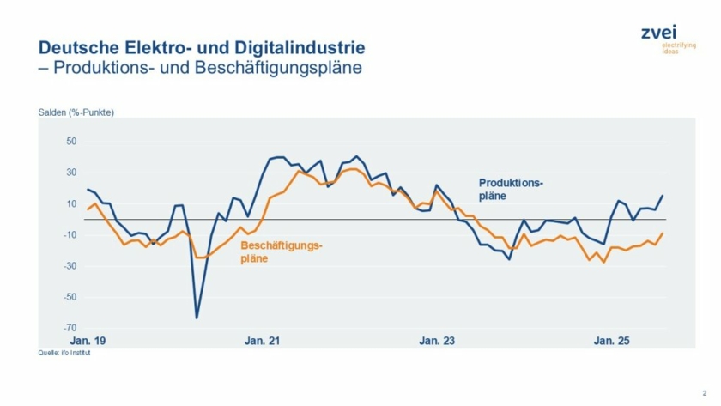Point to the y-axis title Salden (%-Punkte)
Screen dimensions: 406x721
point(76,113)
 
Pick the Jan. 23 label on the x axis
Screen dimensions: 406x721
point(437,341)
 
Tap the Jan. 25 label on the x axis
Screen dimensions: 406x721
point(612,341)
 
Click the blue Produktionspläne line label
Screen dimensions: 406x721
point(511,190)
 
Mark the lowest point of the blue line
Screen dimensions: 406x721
point(197,318)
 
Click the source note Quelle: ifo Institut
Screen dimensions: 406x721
point(64,353)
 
